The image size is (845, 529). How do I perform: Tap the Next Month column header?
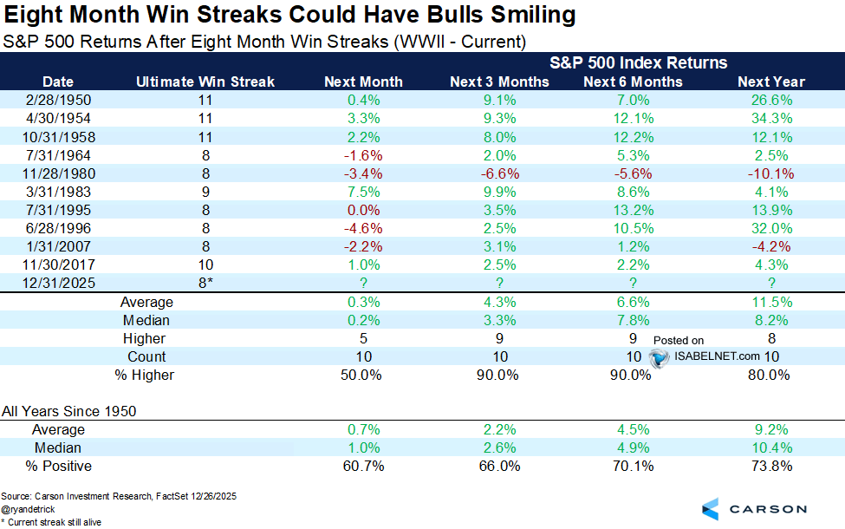[x=363, y=82]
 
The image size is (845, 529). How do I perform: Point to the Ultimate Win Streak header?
[x=205, y=82]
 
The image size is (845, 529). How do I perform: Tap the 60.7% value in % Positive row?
[x=363, y=466]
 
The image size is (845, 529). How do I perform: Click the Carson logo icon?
[x=710, y=509]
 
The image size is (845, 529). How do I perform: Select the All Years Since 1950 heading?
[x=68, y=411]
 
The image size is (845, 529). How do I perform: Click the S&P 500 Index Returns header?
[x=638, y=63]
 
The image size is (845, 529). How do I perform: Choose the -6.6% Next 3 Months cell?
[x=499, y=173]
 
